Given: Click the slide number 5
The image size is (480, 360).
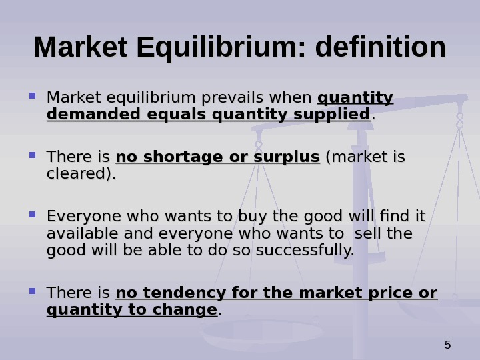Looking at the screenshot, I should tap(447, 345).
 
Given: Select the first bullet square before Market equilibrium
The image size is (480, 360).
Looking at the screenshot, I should tap(32, 96).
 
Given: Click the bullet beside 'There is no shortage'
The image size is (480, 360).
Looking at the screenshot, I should tap(32, 155).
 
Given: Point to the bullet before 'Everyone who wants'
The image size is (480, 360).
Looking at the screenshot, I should tap(32, 215).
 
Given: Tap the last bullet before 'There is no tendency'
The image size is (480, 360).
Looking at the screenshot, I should tap(32, 291).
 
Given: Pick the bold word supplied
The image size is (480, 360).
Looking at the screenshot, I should tap(337, 115).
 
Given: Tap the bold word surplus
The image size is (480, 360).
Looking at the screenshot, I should tap(290, 157).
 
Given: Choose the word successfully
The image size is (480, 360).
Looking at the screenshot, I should tap(313, 251).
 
